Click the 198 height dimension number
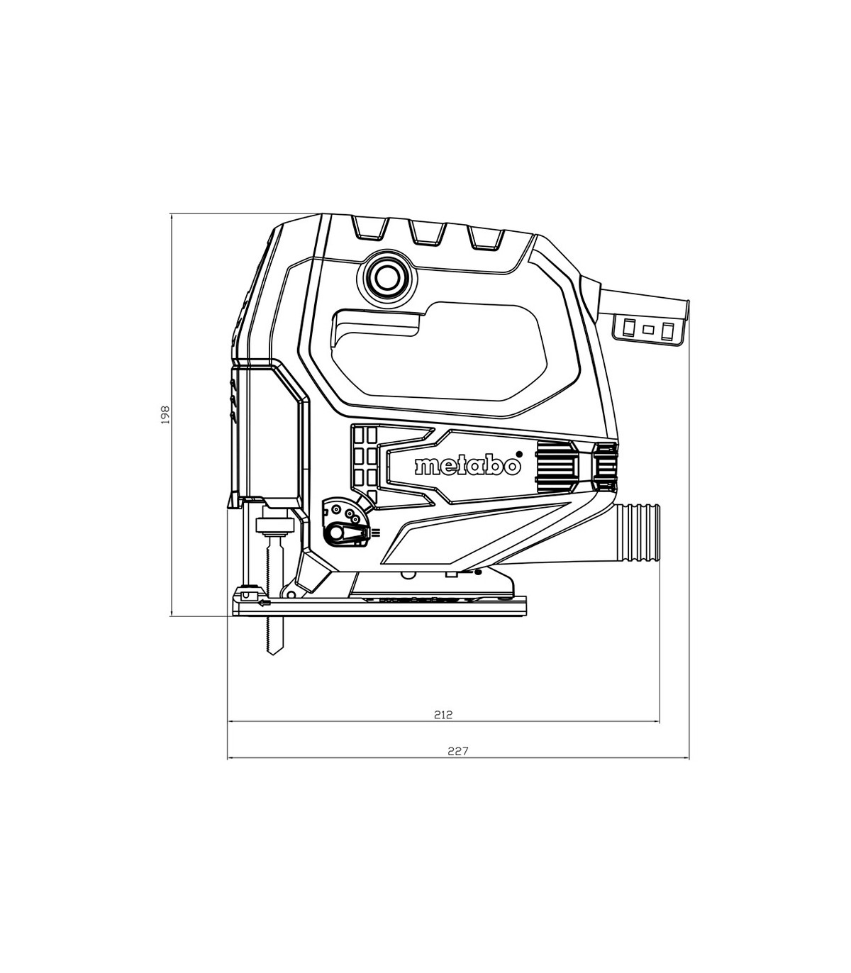click(165, 415)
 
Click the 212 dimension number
click(443, 727)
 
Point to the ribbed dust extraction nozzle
click(637, 535)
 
